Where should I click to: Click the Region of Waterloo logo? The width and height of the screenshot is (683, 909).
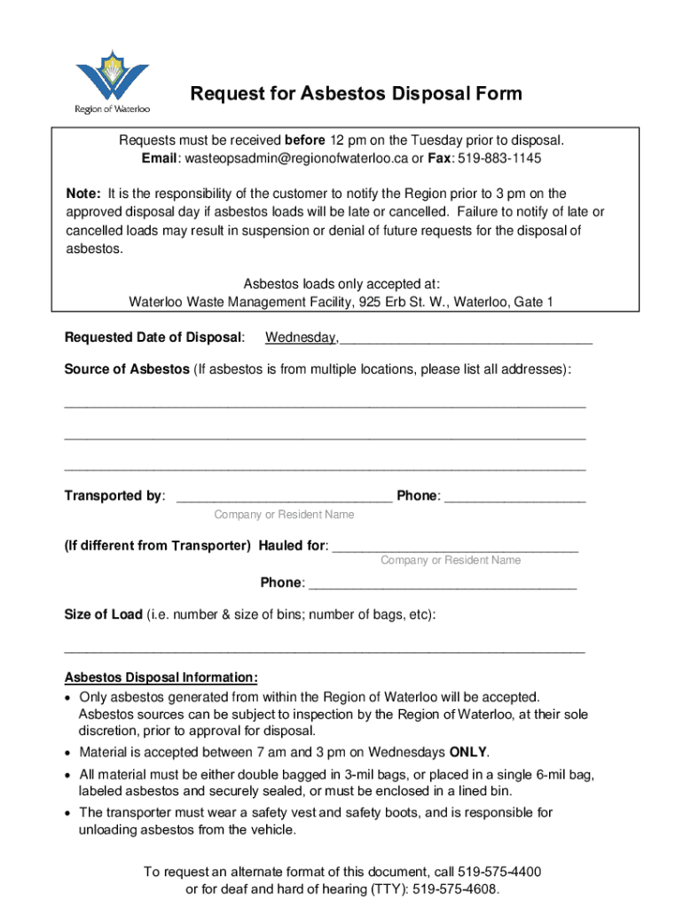[112, 81]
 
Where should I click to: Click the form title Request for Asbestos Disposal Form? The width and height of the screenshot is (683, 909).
[357, 94]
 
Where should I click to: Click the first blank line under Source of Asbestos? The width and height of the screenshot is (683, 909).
[325, 403]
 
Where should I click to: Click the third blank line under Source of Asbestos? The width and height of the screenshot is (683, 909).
[325, 466]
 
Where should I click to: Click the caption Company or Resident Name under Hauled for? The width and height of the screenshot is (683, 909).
[451, 560]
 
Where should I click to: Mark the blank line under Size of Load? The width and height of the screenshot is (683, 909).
[325, 650]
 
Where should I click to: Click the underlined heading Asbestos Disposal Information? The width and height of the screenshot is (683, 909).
[161, 678]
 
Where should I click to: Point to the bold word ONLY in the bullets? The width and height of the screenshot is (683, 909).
[468, 751]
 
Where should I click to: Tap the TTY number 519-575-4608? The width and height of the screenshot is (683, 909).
[456, 889]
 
